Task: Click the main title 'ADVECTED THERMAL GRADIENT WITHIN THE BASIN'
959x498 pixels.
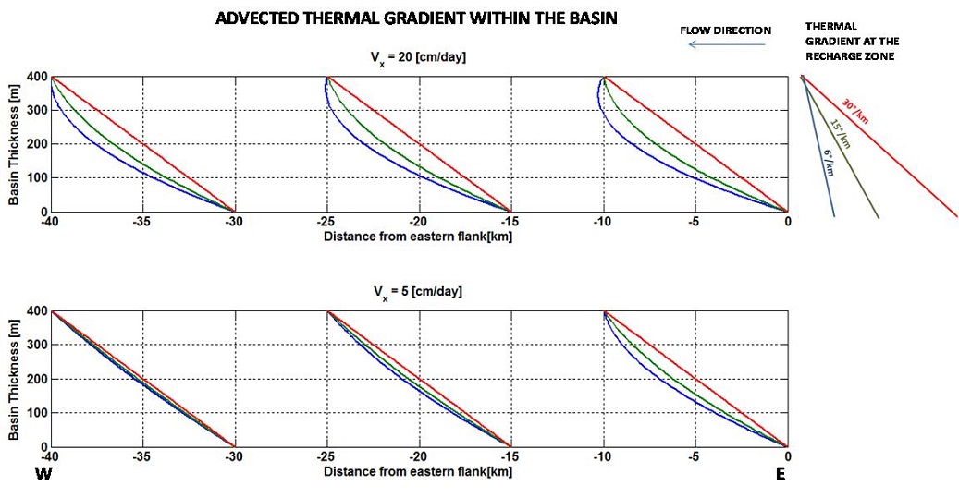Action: point(415,18)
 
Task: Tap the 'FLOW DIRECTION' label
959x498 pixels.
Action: point(725,30)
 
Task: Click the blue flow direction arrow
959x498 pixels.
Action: point(727,44)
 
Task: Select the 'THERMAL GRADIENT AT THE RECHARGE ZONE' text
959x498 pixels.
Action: point(852,42)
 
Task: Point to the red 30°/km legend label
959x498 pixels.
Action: point(856,110)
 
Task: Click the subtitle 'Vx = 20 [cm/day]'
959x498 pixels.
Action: point(418,58)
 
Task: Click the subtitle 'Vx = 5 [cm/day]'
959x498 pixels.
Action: point(418,292)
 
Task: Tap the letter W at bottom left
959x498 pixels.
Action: point(43,475)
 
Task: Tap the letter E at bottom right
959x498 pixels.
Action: point(781,475)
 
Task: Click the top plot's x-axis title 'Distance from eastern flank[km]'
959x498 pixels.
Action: point(418,237)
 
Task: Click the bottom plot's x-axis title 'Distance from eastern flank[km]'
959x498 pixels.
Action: point(418,471)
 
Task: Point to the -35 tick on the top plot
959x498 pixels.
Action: point(142,222)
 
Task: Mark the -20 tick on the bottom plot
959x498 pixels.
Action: point(419,456)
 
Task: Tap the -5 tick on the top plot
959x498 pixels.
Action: point(694,222)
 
